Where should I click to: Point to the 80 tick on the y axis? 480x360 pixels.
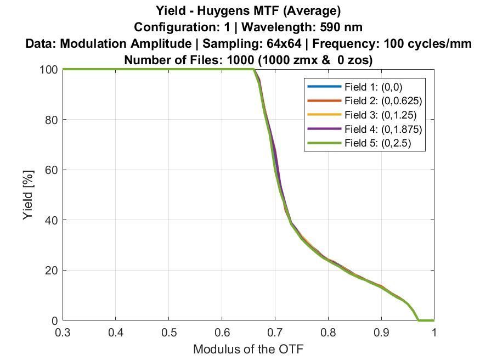[63, 120]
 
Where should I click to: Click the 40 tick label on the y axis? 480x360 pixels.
[51, 220]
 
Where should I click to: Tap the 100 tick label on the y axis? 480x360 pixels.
[48, 70]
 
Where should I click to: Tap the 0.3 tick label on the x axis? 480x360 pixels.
[63, 333]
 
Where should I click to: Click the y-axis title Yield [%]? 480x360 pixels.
[29, 195]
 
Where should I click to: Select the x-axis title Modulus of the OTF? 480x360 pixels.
[248, 349]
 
